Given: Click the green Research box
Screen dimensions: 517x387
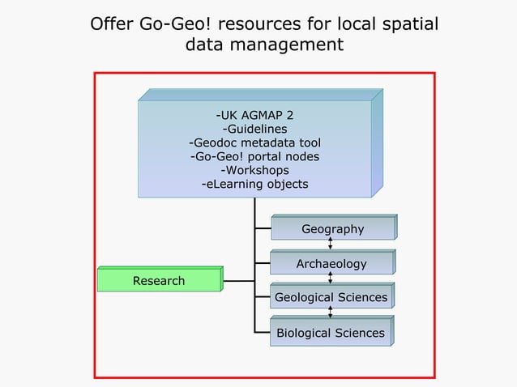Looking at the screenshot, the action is click(159, 281).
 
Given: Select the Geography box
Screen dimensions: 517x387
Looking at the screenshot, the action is click(332, 229).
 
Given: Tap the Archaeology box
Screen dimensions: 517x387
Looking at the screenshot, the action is click(331, 264).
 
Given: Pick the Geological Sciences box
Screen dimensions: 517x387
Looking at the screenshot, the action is click(331, 298).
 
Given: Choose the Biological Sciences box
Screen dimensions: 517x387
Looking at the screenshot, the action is click(331, 333).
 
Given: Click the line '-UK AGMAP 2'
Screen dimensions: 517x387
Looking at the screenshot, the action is click(254, 113).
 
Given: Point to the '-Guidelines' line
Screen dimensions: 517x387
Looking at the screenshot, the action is click(254, 128).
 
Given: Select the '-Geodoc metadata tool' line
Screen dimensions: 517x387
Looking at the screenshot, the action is click(254, 142).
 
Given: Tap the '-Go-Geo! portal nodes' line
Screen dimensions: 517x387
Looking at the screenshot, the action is click(254, 156).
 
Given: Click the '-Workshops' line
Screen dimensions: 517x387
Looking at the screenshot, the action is click(254, 170).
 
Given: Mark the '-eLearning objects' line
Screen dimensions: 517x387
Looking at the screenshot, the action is click(254, 184).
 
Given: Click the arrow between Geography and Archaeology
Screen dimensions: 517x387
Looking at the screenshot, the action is click(331, 244).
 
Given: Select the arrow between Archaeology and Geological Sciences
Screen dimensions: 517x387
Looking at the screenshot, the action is click(331, 279).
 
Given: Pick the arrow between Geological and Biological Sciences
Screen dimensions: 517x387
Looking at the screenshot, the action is click(331, 313).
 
